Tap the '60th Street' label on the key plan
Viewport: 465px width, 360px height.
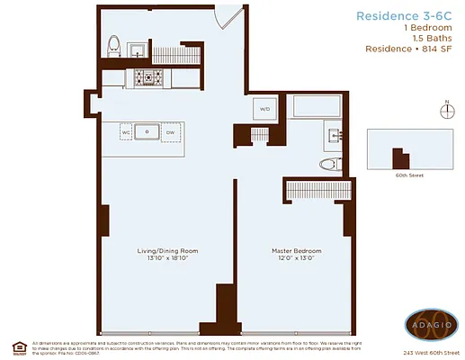click(x=408, y=175)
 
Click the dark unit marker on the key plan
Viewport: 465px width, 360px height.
click(x=400, y=157)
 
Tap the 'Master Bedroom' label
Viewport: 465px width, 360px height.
click(x=296, y=249)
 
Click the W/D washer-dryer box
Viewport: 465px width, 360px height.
click(x=265, y=109)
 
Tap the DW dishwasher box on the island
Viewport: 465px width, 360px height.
click(x=171, y=133)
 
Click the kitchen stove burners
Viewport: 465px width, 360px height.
click(x=148, y=79)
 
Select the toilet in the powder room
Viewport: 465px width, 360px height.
click(x=114, y=45)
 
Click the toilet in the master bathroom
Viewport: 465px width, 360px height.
click(x=328, y=164)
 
